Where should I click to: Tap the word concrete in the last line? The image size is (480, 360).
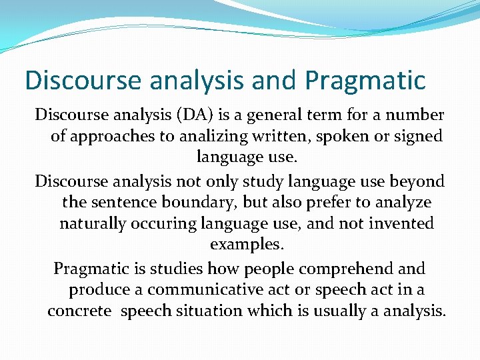(x=79, y=311)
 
